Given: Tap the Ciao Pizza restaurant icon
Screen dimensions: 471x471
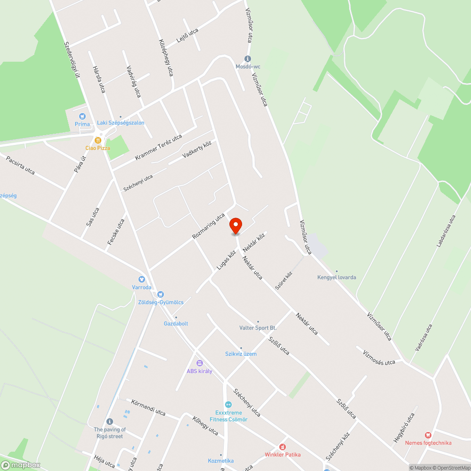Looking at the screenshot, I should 97,140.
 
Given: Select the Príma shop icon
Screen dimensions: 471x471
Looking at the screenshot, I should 82,116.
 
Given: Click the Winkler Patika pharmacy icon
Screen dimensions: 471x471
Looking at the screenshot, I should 283,447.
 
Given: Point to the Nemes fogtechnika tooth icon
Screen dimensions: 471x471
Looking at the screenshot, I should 428,435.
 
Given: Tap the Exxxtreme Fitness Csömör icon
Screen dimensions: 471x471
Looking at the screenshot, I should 228,405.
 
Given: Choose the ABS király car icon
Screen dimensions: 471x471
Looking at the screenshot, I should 199,363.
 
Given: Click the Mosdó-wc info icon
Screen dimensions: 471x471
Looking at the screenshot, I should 248,58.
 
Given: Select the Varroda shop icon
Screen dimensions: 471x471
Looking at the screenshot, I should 141,279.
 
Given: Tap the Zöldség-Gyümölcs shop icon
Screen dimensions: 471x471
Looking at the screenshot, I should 161,294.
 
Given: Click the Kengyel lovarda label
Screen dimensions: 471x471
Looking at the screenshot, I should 337,277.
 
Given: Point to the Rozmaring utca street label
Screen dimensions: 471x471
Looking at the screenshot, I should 209,226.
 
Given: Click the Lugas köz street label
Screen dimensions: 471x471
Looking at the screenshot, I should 227,260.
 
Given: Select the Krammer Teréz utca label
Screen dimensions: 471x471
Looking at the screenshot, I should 158,147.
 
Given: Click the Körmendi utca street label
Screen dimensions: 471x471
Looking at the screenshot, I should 149,408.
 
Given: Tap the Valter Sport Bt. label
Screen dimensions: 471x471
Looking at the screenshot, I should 258,328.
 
